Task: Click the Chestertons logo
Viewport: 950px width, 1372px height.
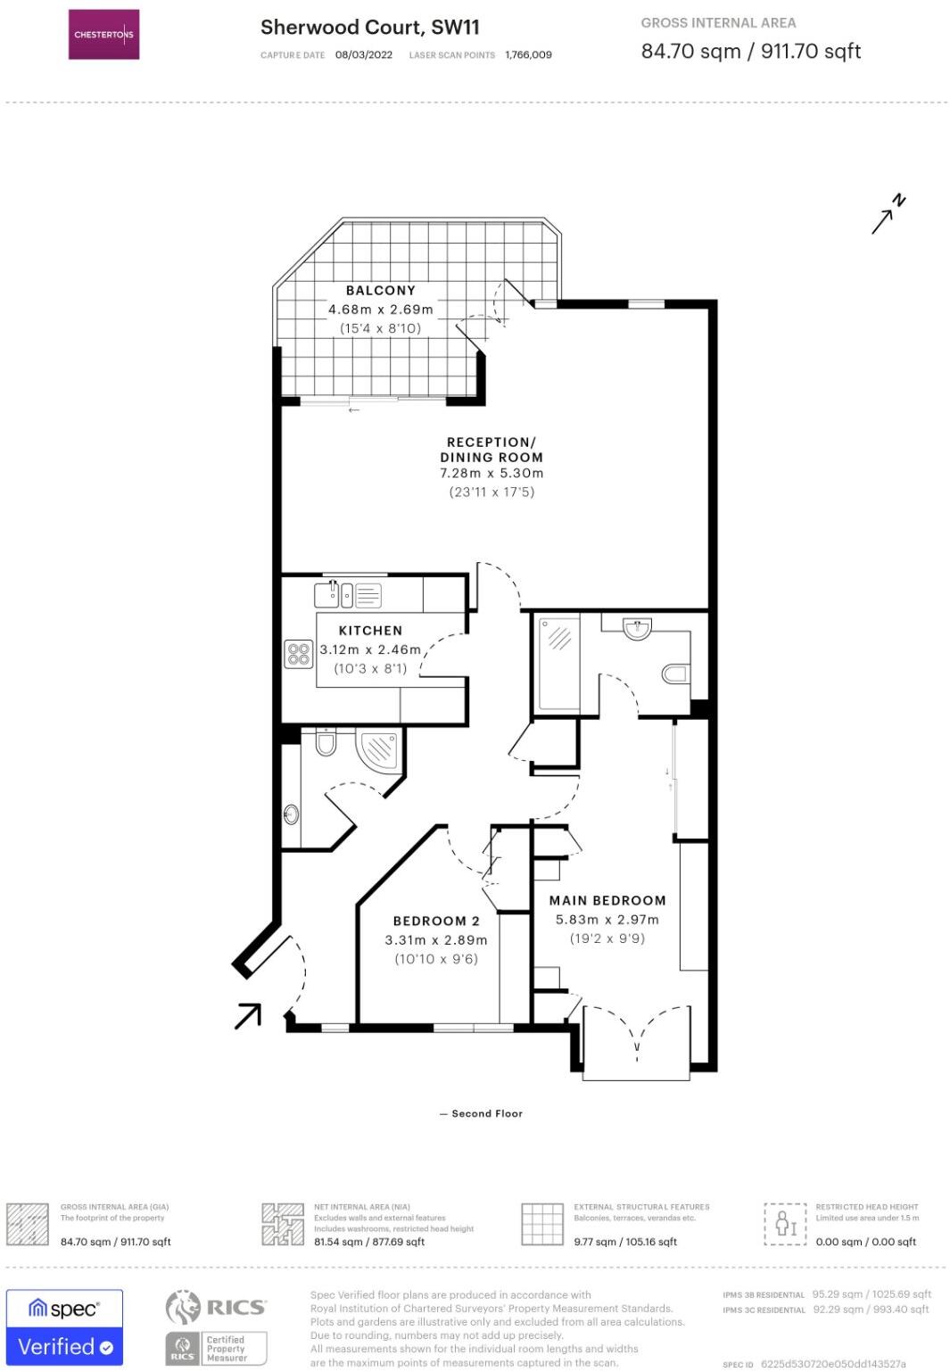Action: coord(103,35)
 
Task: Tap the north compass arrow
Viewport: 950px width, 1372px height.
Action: coord(888,214)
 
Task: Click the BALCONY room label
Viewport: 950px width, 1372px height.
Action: coord(380,291)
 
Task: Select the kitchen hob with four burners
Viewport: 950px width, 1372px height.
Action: coord(298,654)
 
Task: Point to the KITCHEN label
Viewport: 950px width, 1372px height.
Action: coord(370,631)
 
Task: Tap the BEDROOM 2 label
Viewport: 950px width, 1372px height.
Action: coord(436,921)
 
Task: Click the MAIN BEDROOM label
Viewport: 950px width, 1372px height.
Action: coord(607,901)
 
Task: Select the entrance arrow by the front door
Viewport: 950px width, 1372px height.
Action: coord(248,1015)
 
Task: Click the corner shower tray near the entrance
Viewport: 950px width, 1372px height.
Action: coord(378,749)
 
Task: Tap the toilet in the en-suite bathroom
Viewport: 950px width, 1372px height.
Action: coord(675,673)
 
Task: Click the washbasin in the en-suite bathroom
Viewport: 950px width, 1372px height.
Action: coord(637,630)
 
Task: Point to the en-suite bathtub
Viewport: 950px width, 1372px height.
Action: coord(558,661)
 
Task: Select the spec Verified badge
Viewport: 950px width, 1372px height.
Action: coord(64,1327)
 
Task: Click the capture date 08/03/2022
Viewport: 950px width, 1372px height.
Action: coord(364,55)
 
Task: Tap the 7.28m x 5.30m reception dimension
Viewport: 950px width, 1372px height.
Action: coord(492,474)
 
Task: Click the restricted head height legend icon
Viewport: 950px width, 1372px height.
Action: coord(785,1223)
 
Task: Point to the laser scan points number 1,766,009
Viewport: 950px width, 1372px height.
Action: coord(528,55)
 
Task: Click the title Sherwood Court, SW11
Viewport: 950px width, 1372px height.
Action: coord(369,28)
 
